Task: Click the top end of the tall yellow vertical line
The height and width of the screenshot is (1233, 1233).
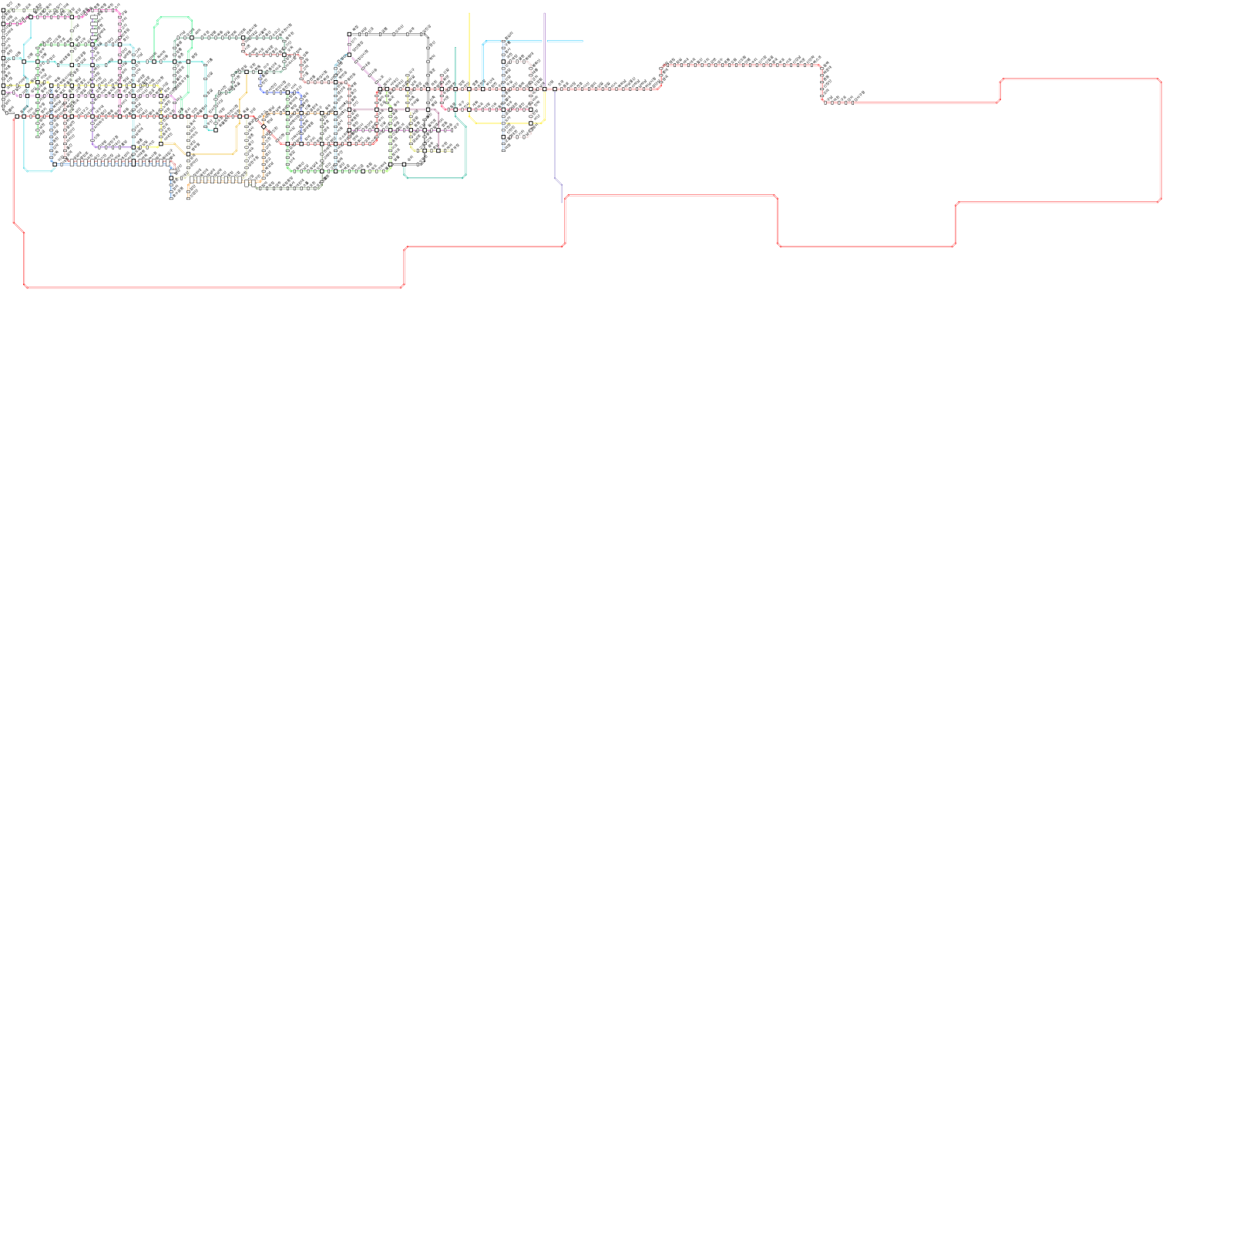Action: click(469, 14)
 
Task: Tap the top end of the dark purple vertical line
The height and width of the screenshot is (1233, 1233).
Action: click(544, 14)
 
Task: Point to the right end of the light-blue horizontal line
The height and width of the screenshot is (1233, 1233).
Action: click(582, 41)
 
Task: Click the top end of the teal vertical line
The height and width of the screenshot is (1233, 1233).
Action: click(455, 49)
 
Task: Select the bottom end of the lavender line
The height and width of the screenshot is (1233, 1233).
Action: click(561, 201)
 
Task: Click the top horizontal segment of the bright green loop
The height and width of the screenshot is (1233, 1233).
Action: click(173, 18)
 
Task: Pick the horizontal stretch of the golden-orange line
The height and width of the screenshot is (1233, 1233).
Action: click(212, 154)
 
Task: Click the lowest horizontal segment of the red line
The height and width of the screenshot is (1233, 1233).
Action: click(213, 287)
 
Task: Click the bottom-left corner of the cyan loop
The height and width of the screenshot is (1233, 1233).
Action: click(26, 169)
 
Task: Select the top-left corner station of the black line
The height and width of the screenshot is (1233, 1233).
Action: click(349, 35)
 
